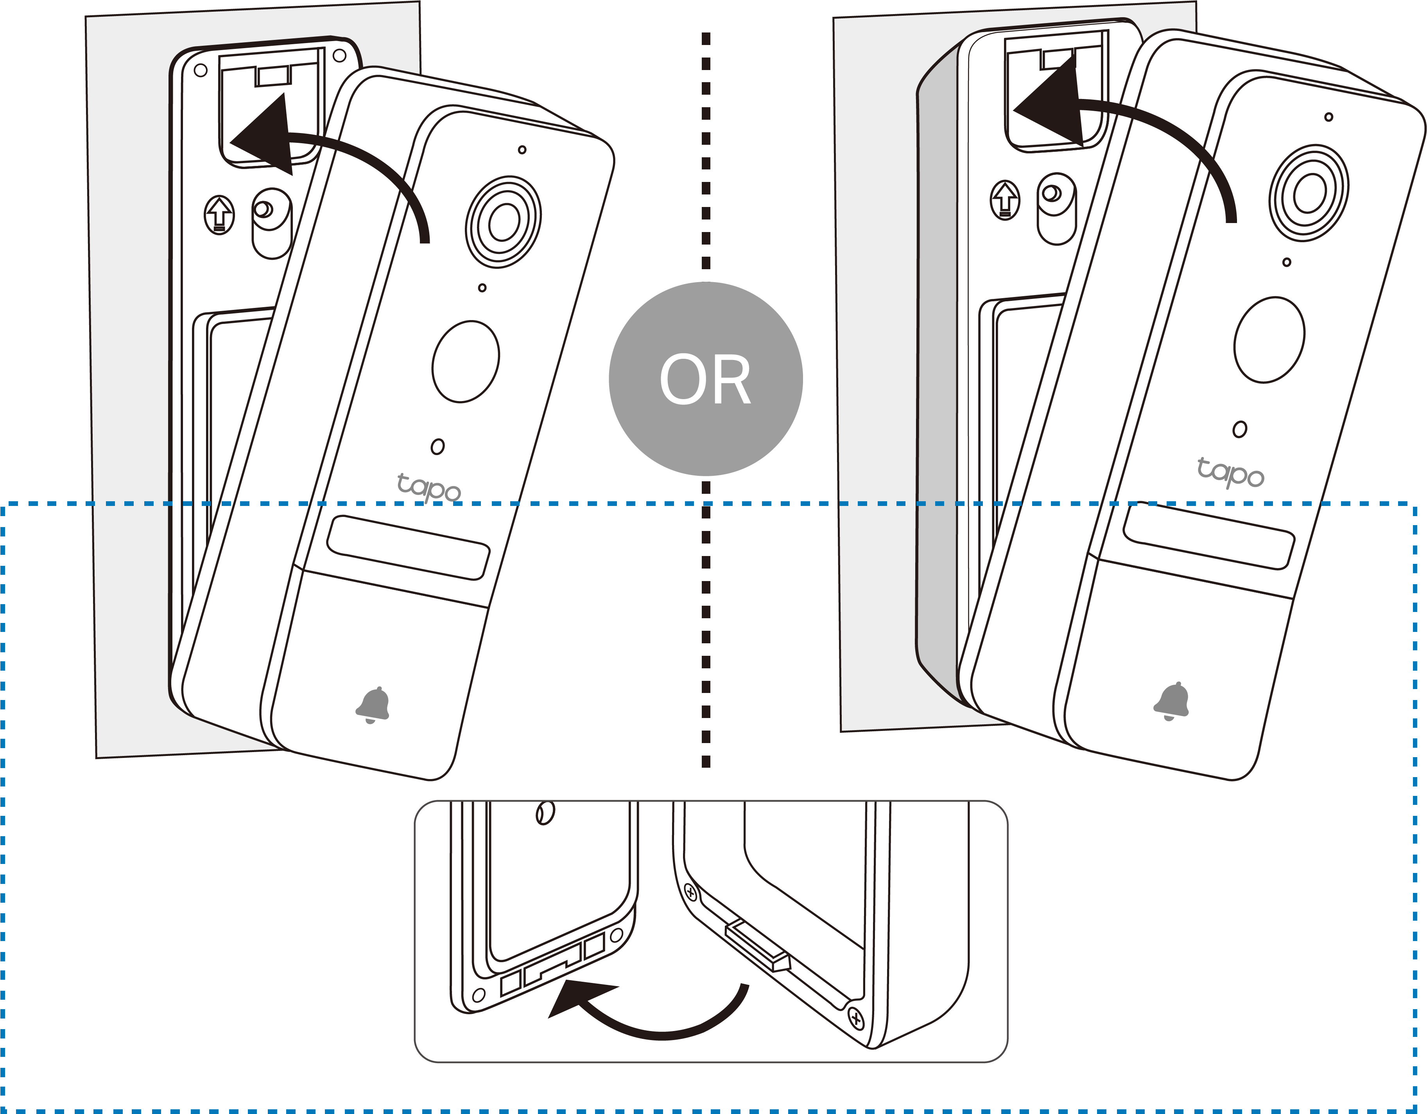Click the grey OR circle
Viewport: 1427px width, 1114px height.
706,379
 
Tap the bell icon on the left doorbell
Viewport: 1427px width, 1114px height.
373,705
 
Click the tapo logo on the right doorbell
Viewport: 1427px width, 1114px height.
1230,472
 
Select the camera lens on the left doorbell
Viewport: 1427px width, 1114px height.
503,221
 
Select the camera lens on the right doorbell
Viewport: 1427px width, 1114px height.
1309,193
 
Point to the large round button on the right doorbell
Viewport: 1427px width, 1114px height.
1269,339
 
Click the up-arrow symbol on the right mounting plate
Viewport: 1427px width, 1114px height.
1006,200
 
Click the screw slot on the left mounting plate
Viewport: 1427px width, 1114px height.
272,222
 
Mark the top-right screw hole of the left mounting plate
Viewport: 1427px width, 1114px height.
339,56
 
